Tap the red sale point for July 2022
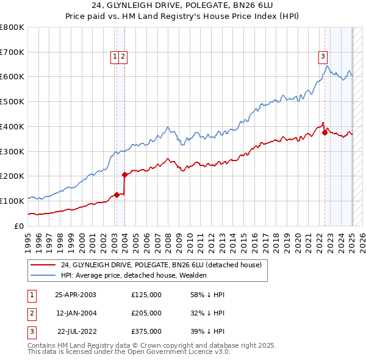click(x=325, y=132)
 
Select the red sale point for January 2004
click(x=124, y=175)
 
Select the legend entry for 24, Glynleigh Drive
click(x=161, y=265)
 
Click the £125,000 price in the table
click(x=146, y=295)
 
